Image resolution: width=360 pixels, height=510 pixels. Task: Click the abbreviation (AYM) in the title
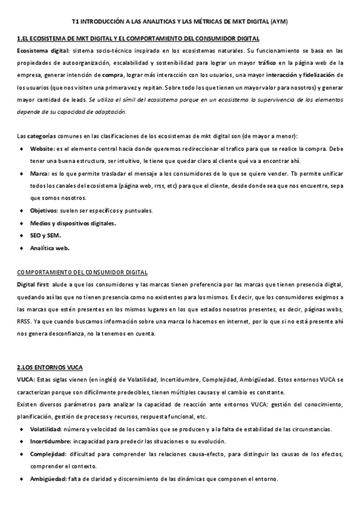coord(278,21)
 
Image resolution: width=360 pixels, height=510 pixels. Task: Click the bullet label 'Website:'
coord(42,148)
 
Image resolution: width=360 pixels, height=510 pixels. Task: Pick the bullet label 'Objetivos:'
coord(44,210)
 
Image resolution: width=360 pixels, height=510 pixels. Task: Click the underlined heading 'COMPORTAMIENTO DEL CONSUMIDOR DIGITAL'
coord(82,272)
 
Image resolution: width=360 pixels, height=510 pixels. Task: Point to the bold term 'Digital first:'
coord(34,284)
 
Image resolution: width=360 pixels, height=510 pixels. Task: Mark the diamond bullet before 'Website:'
coord(22,148)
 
